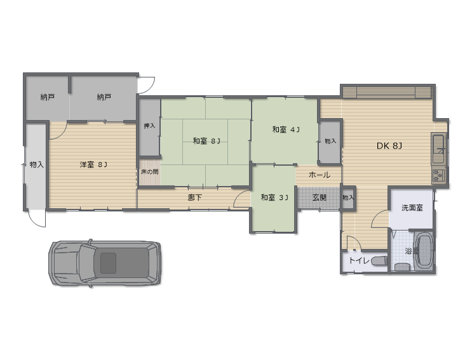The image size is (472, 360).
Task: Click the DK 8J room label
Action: (389, 146)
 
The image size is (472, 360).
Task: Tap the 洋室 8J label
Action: (93, 164)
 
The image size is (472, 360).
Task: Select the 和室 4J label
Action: (286, 130)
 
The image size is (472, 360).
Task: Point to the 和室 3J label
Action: (274, 197)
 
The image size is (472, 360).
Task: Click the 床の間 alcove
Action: (150, 172)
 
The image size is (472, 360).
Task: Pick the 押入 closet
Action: (149, 127)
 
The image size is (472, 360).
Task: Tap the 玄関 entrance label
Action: (319, 197)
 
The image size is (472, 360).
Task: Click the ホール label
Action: (320, 175)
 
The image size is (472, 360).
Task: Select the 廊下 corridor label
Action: (195, 197)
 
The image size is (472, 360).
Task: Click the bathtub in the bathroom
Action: (424, 250)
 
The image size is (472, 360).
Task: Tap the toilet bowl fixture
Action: (379, 261)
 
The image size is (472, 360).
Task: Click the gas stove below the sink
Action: (438, 175)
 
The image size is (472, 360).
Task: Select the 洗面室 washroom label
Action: (412, 208)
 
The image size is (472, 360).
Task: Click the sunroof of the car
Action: (108, 263)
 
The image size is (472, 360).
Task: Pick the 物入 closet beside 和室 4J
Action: (330, 142)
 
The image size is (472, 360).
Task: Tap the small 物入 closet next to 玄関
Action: (348, 197)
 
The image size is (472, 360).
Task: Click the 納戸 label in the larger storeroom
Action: (104, 97)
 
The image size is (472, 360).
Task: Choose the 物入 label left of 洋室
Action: (37, 164)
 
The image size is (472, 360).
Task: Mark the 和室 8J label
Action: (206, 140)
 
